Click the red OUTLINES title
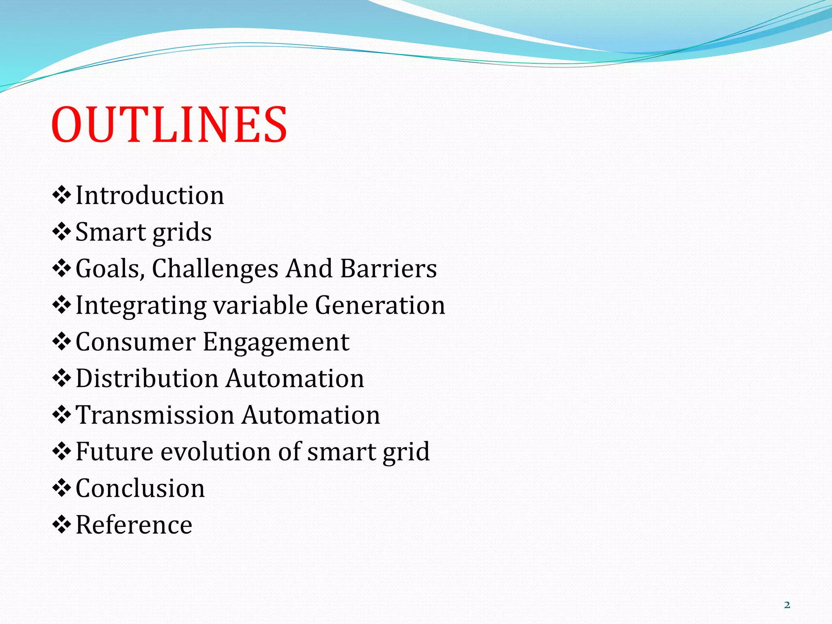pos(169,124)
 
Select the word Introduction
pos(150,195)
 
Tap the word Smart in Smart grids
pos(110,232)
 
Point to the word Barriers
pos(388,269)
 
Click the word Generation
pos(380,305)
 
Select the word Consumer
pos(136,342)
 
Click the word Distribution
pos(147,378)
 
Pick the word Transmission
pos(155,415)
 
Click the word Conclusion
pos(140,488)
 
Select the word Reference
pos(134,524)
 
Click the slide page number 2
pos(787,605)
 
